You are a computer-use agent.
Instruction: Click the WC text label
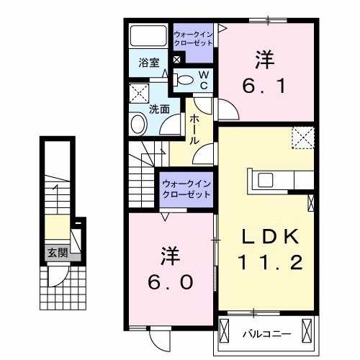pos(204,80)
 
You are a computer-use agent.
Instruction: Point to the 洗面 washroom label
pos(159,109)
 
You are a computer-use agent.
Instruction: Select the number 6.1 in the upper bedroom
pos(266,88)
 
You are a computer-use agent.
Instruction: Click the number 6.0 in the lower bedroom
pos(169,283)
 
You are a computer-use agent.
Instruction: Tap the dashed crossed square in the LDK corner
pos(302,137)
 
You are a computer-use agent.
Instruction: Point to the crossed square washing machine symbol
pos(139,94)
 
